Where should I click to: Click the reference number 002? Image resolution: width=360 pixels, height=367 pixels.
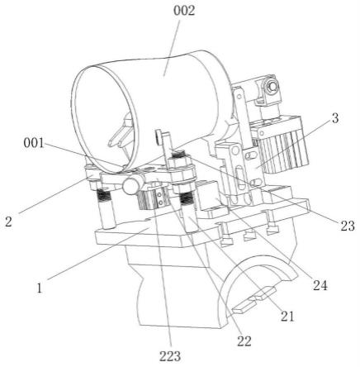pos(184,11)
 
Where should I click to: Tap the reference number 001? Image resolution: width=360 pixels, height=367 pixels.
pos(34,143)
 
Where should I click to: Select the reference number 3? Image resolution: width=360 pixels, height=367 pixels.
pos(335,118)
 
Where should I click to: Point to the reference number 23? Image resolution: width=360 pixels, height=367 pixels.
pos(348,226)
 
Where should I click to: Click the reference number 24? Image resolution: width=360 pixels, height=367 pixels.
pos(320,285)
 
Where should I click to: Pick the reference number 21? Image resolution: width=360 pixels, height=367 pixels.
pos(287,317)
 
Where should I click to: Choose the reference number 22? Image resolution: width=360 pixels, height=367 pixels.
pos(244,341)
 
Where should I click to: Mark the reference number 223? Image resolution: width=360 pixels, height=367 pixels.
pos(170,356)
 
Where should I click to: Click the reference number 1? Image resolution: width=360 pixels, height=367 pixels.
pos(40,288)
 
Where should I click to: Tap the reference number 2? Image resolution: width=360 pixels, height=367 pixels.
pos(9,222)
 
